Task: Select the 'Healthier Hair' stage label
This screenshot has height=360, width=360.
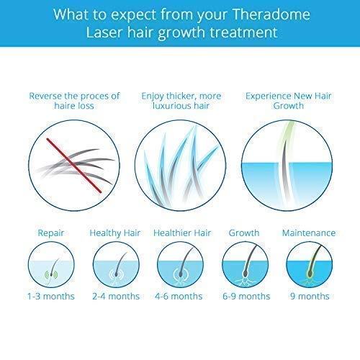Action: (179, 233)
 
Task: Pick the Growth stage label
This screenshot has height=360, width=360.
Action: (243, 233)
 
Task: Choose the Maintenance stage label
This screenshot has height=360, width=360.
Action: (310, 233)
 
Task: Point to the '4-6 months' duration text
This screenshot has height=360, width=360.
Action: (179, 297)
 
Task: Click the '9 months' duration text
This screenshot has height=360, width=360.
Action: (310, 297)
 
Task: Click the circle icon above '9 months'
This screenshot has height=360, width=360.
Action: (310, 264)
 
